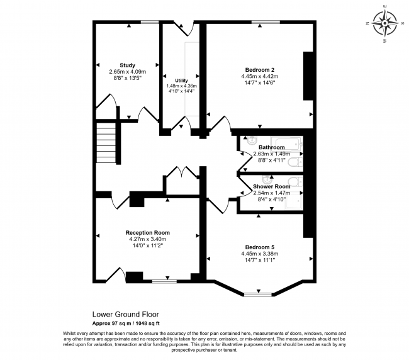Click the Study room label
click(128, 65)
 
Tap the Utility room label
click(182, 81)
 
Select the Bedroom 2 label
click(260, 70)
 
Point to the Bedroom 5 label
click(260, 247)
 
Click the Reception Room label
click(148, 233)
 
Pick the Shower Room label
click(272, 186)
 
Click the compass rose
click(385, 23)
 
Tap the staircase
click(106, 143)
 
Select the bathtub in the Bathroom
click(286, 143)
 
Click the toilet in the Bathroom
click(296, 162)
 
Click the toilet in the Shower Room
click(296, 181)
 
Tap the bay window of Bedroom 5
click(258, 295)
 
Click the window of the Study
click(150, 22)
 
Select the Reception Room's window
click(164, 281)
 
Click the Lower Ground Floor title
click(126, 314)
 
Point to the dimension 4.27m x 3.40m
click(148, 239)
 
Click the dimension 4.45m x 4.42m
click(260, 76)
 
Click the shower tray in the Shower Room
click(294, 201)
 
